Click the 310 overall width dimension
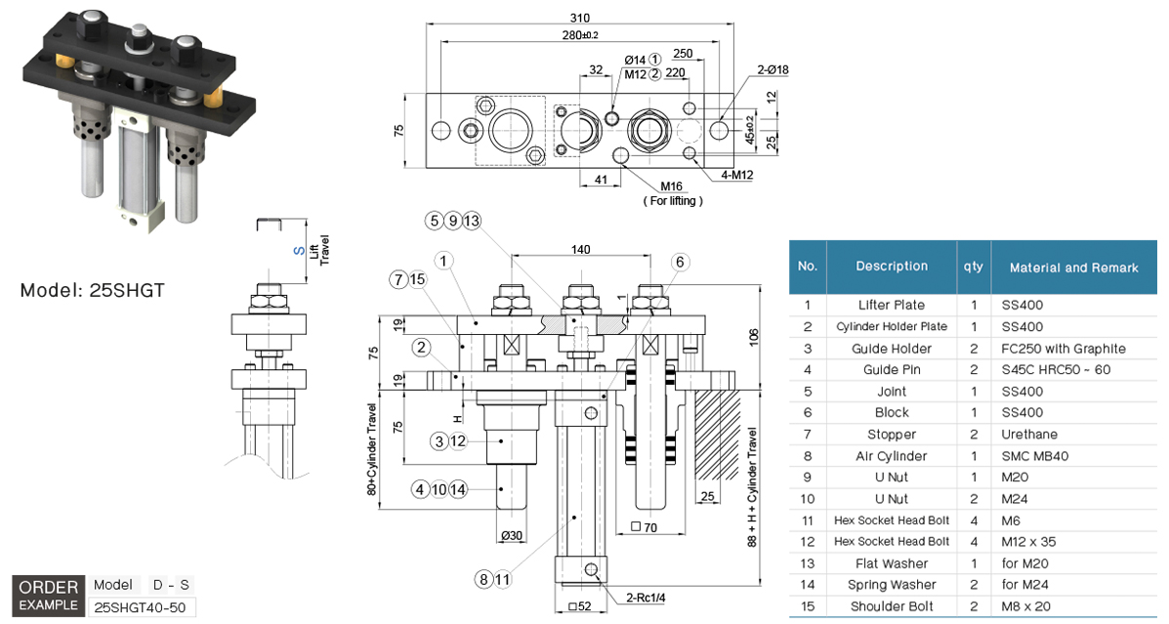click(579, 17)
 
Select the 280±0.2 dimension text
click(579, 35)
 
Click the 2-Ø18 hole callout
click(772, 69)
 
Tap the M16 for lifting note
click(672, 192)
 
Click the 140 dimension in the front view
click(580, 250)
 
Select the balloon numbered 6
click(680, 261)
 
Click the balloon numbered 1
click(444, 261)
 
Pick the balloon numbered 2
click(421, 347)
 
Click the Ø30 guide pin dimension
click(512, 536)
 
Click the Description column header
click(892, 267)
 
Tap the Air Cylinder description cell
click(892, 456)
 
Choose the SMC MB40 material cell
click(1032, 456)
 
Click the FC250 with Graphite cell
click(1063, 349)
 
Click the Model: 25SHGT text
click(92, 290)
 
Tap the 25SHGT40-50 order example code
click(142, 606)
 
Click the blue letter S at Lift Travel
click(298, 250)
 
